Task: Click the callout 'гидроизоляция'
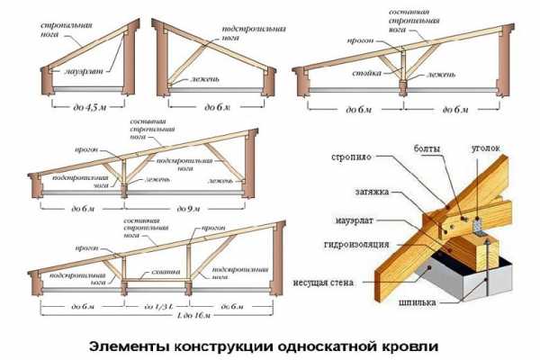(355, 244)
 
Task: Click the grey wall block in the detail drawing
(477, 279)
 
